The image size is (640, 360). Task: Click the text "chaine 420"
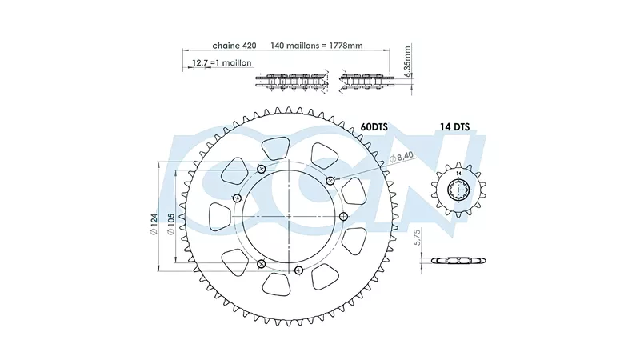click(x=234, y=46)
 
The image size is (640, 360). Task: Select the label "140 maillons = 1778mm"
click(x=317, y=46)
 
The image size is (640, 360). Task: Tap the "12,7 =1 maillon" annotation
click(x=222, y=63)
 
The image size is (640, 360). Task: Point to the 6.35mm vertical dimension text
click(x=407, y=62)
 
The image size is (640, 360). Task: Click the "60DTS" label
click(x=374, y=127)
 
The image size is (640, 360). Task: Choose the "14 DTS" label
click(x=454, y=127)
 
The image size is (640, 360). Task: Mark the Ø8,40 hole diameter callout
click(x=402, y=157)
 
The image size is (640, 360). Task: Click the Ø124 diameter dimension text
click(x=154, y=224)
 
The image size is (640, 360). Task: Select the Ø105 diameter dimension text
click(x=171, y=224)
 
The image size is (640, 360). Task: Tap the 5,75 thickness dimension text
click(x=417, y=237)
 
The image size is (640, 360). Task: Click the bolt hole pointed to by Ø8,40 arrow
click(x=330, y=181)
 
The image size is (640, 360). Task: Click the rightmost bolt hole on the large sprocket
click(x=343, y=216)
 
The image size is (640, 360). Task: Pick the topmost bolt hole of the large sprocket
click(x=262, y=169)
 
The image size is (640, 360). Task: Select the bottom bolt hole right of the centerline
click(x=298, y=270)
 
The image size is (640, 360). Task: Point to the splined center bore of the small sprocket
click(x=459, y=190)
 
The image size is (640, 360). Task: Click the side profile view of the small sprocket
click(x=458, y=261)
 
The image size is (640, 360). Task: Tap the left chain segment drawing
click(x=292, y=82)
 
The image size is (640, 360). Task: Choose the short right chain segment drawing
click(x=366, y=82)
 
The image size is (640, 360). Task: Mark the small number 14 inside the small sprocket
click(x=458, y=174)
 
